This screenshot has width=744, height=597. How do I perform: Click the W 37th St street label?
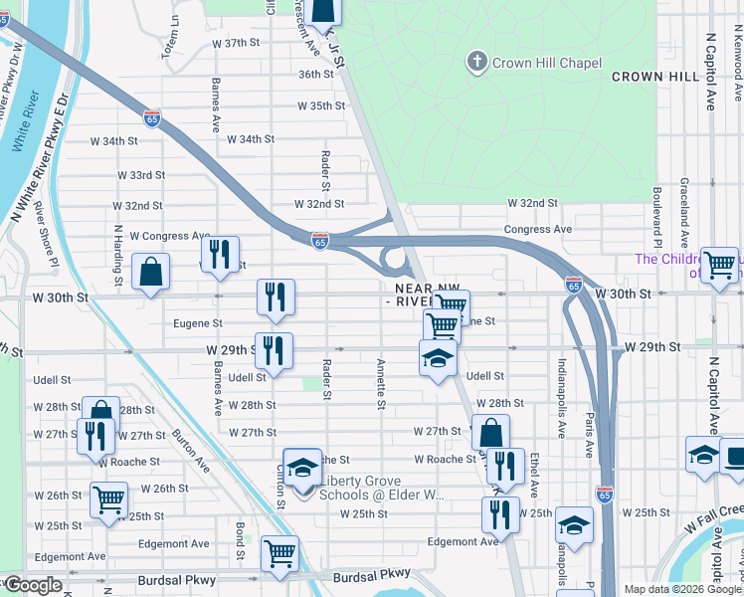[236, 44]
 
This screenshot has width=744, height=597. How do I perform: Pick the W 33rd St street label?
[140, 175]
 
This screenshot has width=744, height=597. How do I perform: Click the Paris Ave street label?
[590, 430]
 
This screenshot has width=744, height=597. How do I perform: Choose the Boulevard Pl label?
[657, 217]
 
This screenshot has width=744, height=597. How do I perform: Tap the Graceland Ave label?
[684, 213]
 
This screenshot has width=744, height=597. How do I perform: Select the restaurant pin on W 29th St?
[274, 350]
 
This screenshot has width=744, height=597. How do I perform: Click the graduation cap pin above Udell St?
[437, 360]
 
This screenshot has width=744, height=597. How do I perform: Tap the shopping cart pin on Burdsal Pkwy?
[280, 553]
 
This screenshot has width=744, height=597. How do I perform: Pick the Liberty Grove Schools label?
[380, 487]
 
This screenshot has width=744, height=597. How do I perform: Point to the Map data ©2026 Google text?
[682, 589]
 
